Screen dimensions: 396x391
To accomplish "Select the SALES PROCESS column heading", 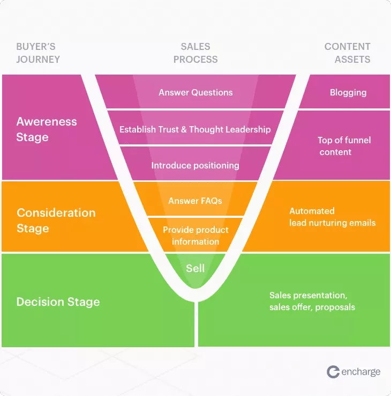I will tap(195, 53).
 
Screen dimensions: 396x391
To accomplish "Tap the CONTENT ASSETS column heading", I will tap(347, 53).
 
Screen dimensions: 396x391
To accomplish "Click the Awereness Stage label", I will tap(47, 129).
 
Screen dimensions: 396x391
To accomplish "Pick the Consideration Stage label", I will tap(56, 220).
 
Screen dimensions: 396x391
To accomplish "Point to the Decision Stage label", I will tap(58, 302).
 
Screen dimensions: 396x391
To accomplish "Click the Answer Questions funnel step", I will tap(195, 92).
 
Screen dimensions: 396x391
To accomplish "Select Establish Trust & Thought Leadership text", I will tap(195, 129).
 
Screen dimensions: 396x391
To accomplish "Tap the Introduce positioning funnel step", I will tap(195, 165).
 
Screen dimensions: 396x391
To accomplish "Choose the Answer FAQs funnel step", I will tap(195, 201).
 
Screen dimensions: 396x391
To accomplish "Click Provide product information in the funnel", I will tap(195, 236).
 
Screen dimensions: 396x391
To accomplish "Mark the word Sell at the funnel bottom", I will tap(195, 268).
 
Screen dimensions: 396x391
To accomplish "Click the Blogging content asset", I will tap(348, 92).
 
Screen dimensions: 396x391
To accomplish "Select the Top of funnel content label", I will tap(344, 146).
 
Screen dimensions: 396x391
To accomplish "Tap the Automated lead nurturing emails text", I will tap(332, 217).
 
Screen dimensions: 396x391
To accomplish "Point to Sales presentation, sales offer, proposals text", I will tap(312, 301).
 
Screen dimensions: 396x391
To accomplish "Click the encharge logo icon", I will tap(333, 372).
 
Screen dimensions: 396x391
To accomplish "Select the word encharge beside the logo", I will tap(361, 372).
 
